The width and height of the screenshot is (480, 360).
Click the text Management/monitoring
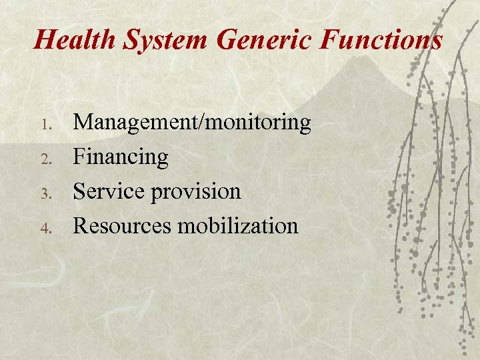192,123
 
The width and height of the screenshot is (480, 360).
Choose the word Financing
121,158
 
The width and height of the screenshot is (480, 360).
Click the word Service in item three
109,191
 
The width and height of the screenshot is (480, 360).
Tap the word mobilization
237,226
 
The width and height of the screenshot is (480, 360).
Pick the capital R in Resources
81,226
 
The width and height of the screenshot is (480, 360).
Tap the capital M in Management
83,123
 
